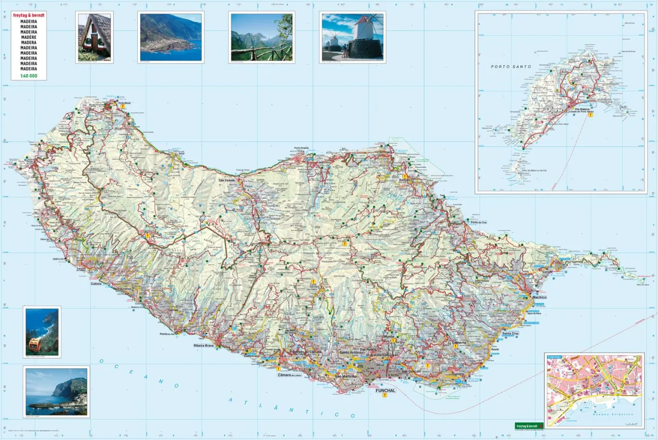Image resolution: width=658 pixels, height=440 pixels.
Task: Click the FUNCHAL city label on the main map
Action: [386, 391]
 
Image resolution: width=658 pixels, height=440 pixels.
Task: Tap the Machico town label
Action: [539, 298]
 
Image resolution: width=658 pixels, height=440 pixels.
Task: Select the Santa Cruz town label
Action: [510, 334]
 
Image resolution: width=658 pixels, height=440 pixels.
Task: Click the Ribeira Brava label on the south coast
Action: [203, 346]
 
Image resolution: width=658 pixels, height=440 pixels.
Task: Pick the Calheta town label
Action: [96, 283]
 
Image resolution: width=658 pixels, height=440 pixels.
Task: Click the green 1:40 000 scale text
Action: [29, 75]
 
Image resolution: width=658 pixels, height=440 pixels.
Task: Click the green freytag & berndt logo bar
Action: [529, 425]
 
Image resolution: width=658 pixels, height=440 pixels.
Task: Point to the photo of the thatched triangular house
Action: [95, 37]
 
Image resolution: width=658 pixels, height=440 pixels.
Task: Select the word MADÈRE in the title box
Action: [29, 37]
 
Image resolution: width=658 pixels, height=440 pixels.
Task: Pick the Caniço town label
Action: [459, 374]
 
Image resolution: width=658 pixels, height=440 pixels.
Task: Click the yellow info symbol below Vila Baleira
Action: [591, 115]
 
